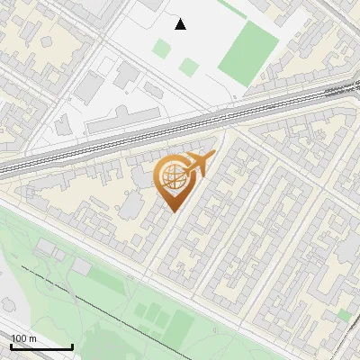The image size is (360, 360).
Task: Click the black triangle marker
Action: pyautogui.click(x=181, y=24)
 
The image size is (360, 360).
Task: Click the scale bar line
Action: pyautogui.click(x=41, y=346)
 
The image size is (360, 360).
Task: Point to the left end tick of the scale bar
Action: pyautogui.click(x=11, y=345)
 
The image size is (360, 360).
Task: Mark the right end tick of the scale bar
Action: pyautogui.click(x=72, y=345)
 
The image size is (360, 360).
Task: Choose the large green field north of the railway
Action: pyautogui.click(x=247, y=54)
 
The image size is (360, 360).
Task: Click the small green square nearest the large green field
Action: pyautogui.click(x=188, y=67)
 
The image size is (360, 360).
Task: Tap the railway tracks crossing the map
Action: pyautogui.click(x=180, y=125)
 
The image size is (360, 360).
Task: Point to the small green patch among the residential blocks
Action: pyautogui.click(x=343, y=315)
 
